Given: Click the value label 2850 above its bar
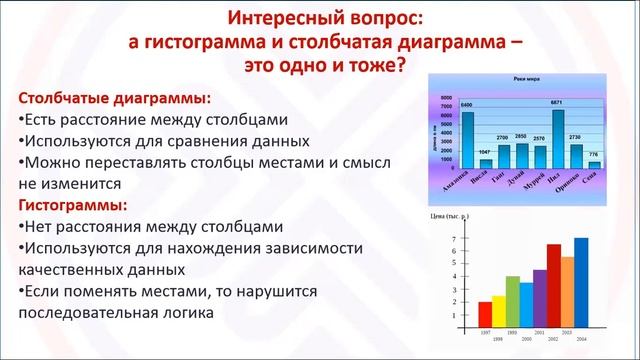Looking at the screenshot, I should coord(521,134).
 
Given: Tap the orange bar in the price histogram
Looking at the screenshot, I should coord(567,284).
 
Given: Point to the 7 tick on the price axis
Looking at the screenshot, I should coord(454,239).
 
